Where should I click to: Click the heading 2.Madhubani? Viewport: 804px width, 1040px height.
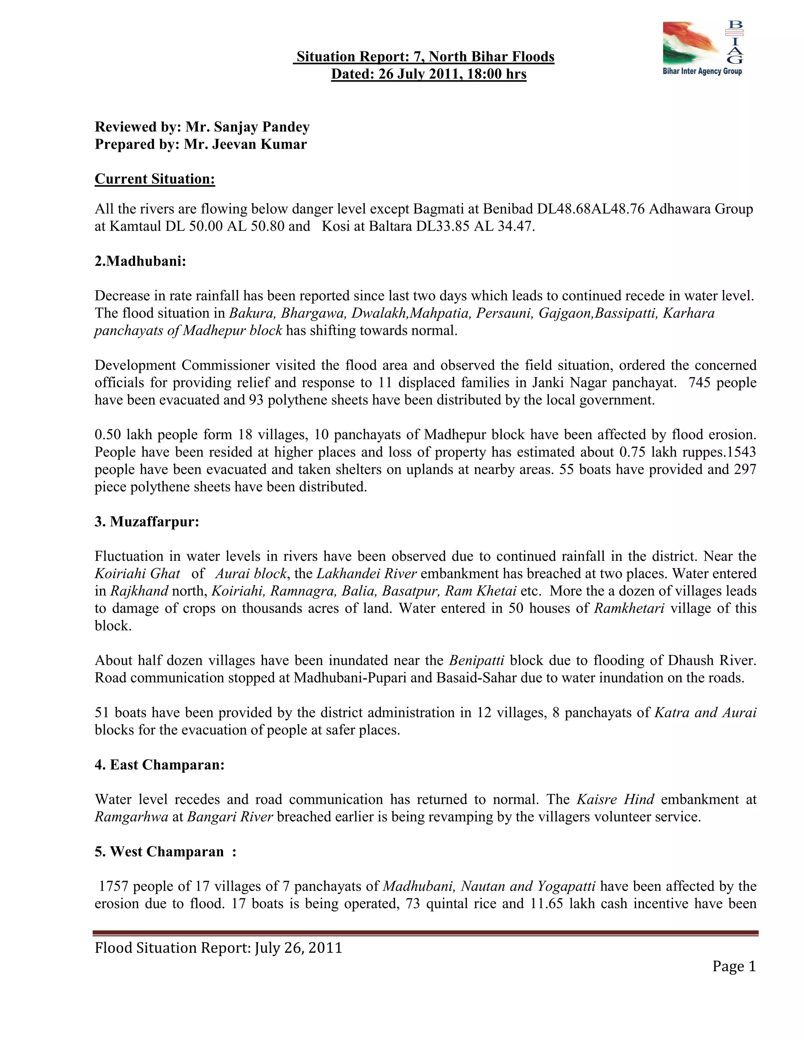click(x=140, y=261)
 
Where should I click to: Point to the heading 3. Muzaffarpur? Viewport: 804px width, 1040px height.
click(x=147, y=522)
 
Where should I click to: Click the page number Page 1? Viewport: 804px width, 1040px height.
click(x=734, y=966)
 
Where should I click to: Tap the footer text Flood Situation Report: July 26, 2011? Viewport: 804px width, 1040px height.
click(x=218, y=948)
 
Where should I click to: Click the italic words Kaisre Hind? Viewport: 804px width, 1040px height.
click(x=616, y=799)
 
